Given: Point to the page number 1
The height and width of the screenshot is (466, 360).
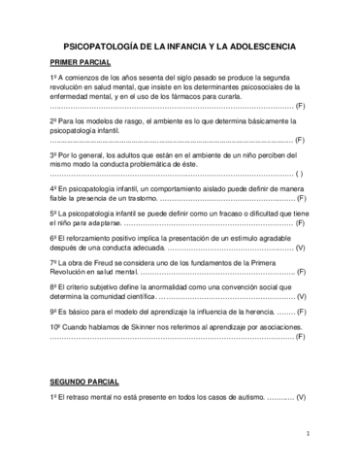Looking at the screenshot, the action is pos(307,434).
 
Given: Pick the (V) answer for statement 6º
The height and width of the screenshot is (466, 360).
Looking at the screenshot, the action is pos(301,250).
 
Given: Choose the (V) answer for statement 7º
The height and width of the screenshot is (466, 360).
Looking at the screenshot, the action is pos(301,274).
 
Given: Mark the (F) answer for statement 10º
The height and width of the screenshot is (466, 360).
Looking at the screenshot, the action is pos(301,336).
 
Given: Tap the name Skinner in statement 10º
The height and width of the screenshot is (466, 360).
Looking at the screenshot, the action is pos(140,327).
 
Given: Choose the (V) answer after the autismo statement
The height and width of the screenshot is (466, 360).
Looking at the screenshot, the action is pos(301,399).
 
